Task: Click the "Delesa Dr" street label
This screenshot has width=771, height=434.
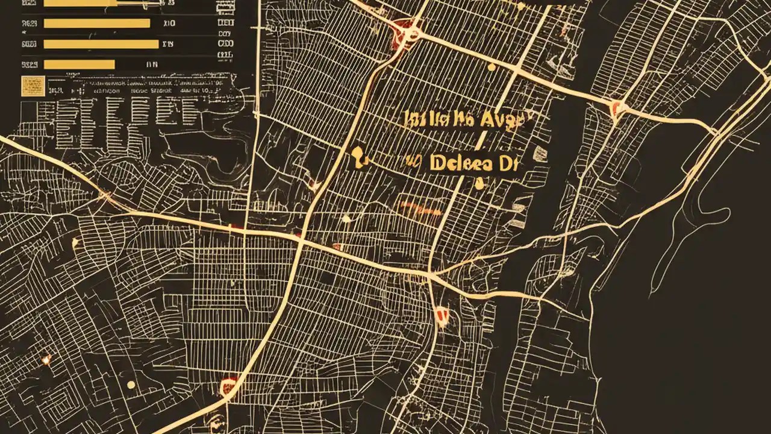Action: tap(473, 163)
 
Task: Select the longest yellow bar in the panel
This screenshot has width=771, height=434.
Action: tap(101, 44)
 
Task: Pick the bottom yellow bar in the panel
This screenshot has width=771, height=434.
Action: tap(79, 64)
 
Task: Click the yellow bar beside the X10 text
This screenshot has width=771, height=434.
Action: tap(96, 24)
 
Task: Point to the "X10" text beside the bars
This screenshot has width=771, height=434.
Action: tap(169, 24)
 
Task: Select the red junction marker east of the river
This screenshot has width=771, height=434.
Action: tap(616, 109)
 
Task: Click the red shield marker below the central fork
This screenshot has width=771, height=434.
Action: tap(442, 314)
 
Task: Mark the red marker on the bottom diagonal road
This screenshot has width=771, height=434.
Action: tap(228, 384)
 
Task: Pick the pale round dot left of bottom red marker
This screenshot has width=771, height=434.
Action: tap(131, 385)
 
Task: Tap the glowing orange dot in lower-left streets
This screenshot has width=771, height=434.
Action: tap(46, 359)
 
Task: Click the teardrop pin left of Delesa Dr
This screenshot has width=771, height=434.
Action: tap(358, 156)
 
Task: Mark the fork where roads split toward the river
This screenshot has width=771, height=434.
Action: tap(431, 275)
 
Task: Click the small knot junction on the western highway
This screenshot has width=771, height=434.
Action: tap(106, 195)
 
